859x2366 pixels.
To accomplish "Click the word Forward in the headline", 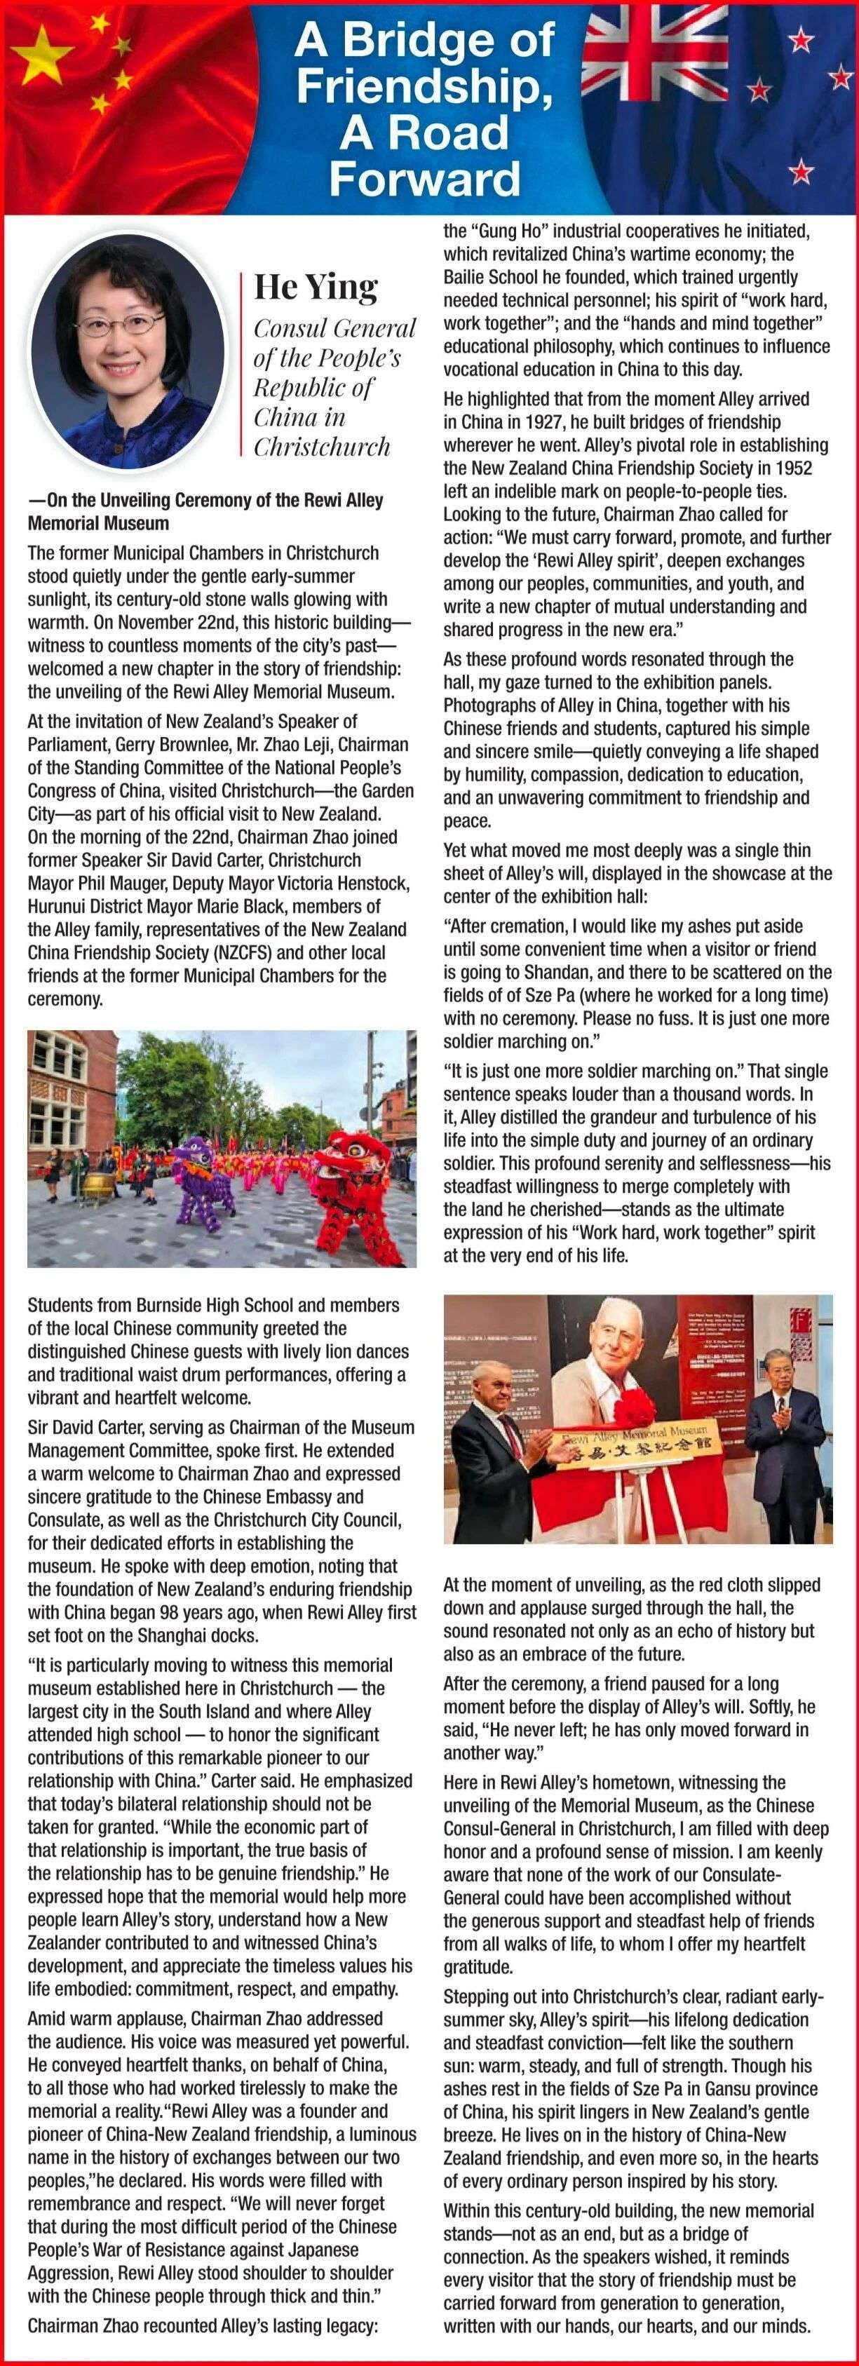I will pos(424,178).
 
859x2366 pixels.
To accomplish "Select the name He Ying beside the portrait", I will pos(315,287).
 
